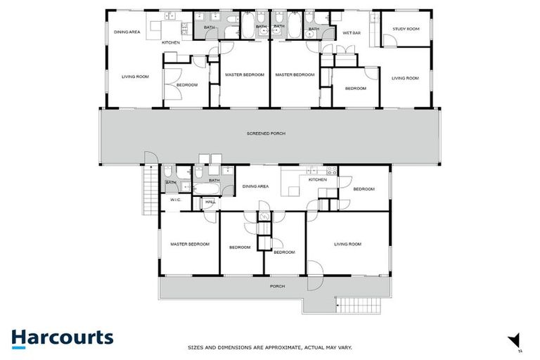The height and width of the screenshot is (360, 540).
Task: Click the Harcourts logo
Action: pyautogui.click(x=63, y=337)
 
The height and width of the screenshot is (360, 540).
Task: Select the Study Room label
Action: pyautogui.click(x=406, y=29)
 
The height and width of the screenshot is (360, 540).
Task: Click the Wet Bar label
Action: pyautogui.click(x=351, y=33)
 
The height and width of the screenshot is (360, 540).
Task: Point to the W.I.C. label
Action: pyautogui.click(x=175, y=200)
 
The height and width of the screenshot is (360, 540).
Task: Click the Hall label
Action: pyautogui.click(x=210, y=202)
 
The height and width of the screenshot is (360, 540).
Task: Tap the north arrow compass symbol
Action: pyautogui.click(x=515, y=340)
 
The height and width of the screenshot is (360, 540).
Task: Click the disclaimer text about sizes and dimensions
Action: pyautogui.click(x=269, y=347)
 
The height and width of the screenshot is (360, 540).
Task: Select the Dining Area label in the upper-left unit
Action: pyautogui.click(x=127, y=32)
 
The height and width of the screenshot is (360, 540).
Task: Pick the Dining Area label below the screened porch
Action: pyautogui.click(x=255, y=186)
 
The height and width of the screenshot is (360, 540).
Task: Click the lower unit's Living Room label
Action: pyautogui.click(x=347, y=244)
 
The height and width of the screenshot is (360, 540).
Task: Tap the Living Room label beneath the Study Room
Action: pyautogui.click(x=405, y=78)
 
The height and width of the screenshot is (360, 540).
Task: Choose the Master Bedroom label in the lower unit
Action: pyautogui.click(x=190, y=244)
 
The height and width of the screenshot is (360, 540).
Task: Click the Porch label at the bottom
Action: pyautogui.click(x=278, y=287)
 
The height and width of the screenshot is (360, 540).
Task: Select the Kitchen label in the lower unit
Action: pyautogui.click(x=318, y=179)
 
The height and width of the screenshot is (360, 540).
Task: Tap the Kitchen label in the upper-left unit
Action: pyautogui.click(x=171, y=43)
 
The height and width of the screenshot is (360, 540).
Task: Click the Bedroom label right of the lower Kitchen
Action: pyautogui.click(x=364, y=188)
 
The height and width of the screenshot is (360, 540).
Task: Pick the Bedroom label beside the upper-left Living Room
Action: pyautogui.click(x=187, y=85)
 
